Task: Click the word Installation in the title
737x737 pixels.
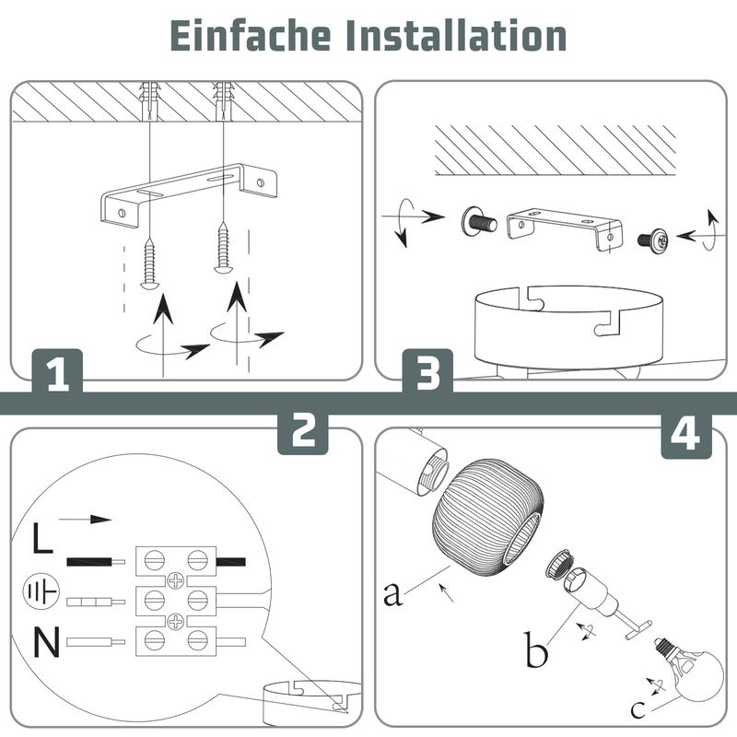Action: tap(456, 36)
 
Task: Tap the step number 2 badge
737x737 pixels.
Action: tap(304, 429)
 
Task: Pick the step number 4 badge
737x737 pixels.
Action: tap(685, 433)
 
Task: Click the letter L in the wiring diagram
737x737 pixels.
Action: tap(42, 539)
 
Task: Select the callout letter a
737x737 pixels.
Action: tap(393, 593)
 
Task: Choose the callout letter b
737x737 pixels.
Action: tap(538, 653)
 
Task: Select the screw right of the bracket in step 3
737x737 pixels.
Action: tap(655, 239)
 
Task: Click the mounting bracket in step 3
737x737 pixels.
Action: tap(563, 227)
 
